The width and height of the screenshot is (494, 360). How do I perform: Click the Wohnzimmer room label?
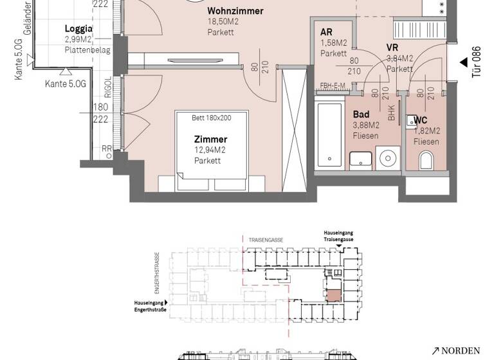[x=235, y=11]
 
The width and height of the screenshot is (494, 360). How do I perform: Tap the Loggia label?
[x=79, y=29]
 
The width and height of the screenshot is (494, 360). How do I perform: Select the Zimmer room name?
[x=211, y=139]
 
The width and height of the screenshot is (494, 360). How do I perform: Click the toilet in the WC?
[x=426, y=161]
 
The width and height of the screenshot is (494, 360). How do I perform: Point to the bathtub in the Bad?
[x=330, y=134]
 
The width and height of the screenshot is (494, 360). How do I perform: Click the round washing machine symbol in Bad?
[x=388, y=157]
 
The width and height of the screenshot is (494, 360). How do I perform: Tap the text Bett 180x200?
[x=211, y=118]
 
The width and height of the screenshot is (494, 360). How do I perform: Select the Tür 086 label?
[x=477, y=62]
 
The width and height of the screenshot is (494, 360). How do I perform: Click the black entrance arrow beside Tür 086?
[x=464, y=62]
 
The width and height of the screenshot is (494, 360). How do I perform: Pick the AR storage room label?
[x=327, y=32]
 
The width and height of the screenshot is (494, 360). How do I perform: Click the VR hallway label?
[x=392, y=48]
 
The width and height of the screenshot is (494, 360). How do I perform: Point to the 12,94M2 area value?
[x=210, y=150]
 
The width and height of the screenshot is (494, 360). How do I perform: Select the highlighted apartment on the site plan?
[x=333, y=295]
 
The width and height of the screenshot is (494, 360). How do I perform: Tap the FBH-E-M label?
[x=333, y=86]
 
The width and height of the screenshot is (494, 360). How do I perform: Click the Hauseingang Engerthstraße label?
[x=149, y=305]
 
